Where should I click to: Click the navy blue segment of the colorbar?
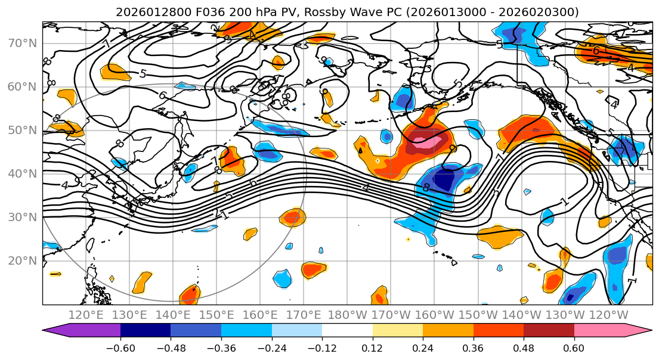(x=145, y=331)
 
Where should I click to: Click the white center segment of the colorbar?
(x=347, y=331)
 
